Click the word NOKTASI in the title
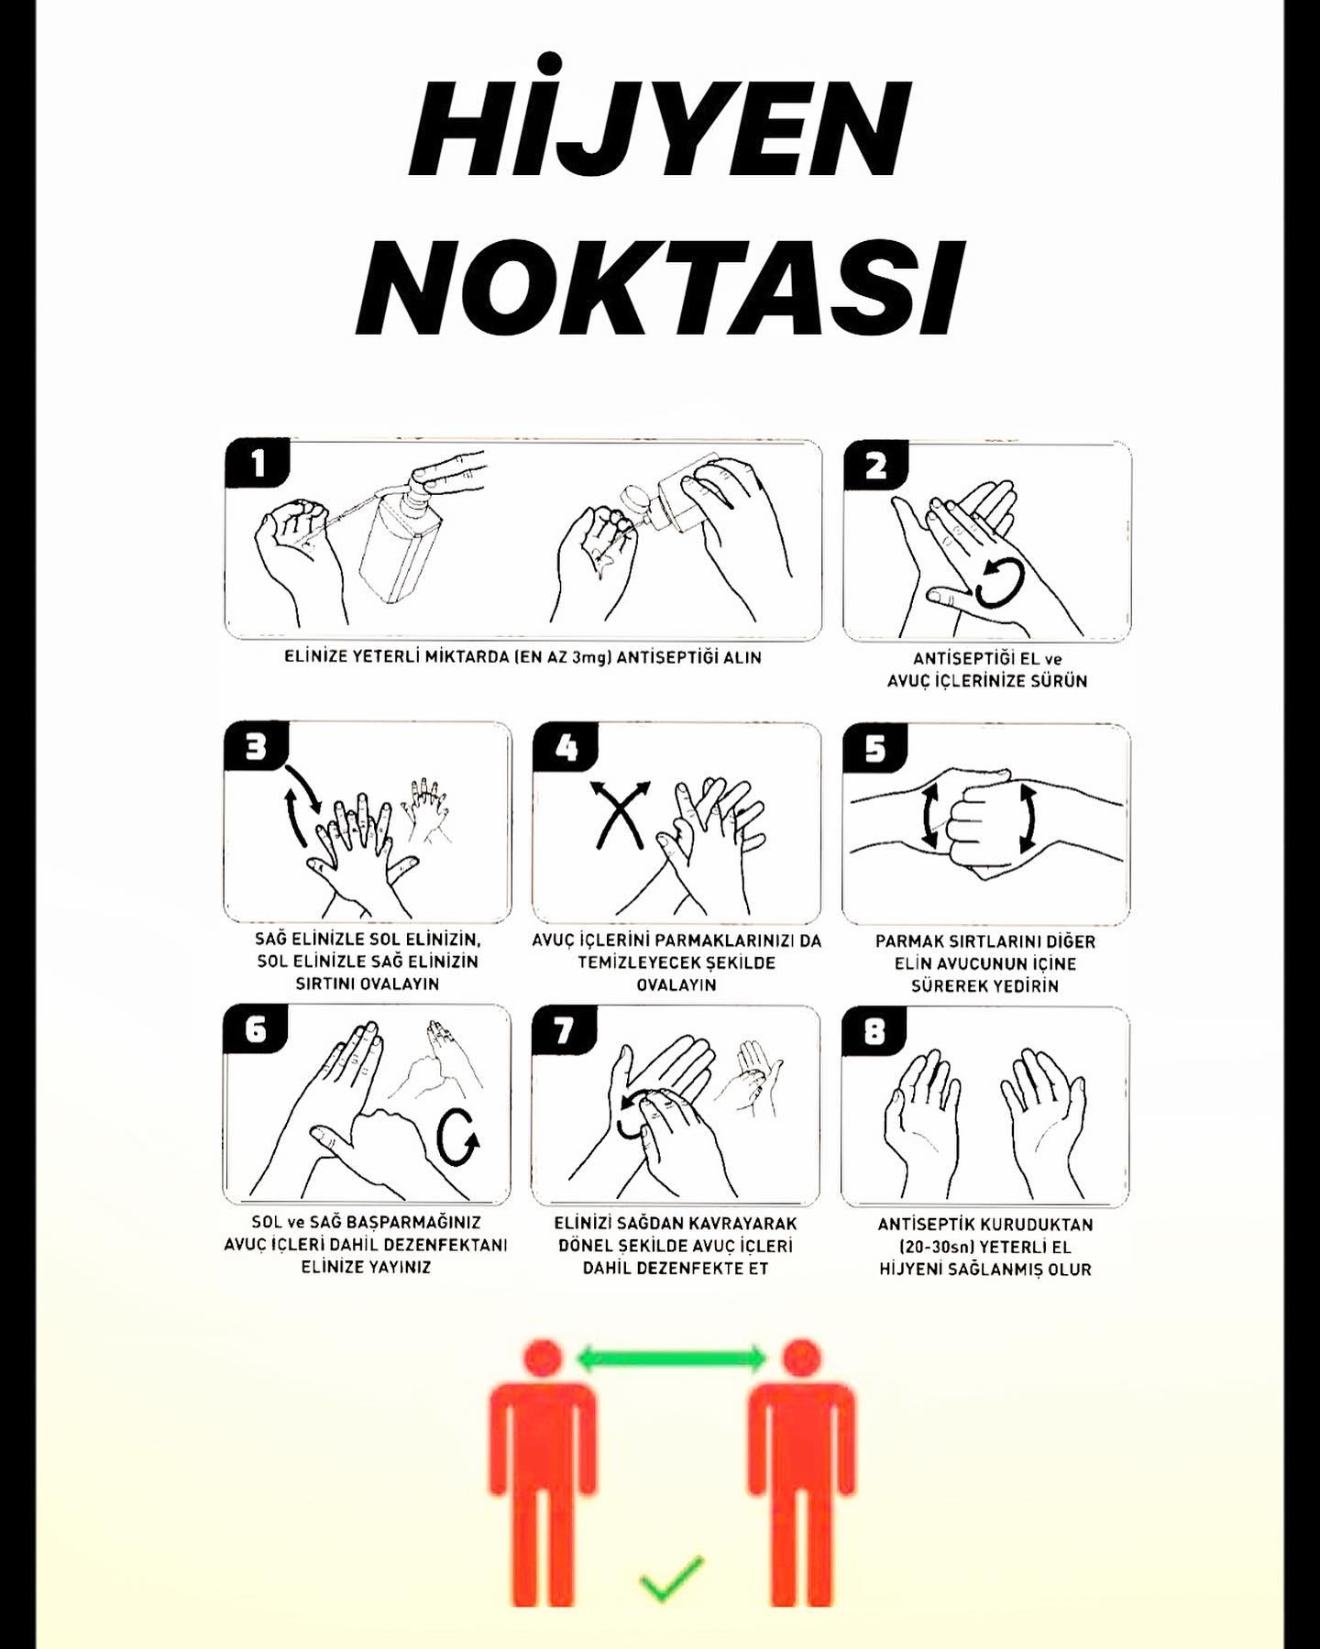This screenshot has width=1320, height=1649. (x=660, y=287)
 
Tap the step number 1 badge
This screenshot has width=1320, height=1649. (x=257, y=463)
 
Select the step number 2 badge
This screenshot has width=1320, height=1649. (x=875, y=466)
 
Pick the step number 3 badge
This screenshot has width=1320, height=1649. (x=256, y=747)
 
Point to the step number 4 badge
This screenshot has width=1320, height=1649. (x=566, y=748)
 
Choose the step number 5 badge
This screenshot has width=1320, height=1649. (x=875, y=749)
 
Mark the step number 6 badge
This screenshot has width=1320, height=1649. (x=256, y=1029)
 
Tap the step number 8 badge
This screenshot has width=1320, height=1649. (x=874, y=1031)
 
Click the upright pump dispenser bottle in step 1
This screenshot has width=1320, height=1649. (x=401, y=541)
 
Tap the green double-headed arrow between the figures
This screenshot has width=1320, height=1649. (x=672, y=1358)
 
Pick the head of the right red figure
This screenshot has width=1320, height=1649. (x=802, y=1358)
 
